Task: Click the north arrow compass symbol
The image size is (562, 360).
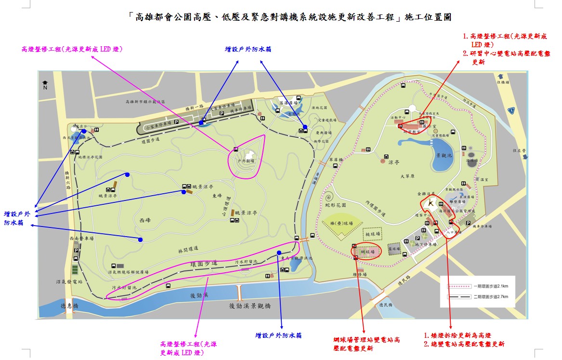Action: point(45,85)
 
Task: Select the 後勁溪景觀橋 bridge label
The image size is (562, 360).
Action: point(249,306)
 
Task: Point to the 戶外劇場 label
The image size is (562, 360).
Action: point(246,161)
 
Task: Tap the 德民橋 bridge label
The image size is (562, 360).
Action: point(386,305)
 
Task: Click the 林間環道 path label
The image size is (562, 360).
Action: point(188,249)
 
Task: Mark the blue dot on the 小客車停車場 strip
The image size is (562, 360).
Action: point(201,123)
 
